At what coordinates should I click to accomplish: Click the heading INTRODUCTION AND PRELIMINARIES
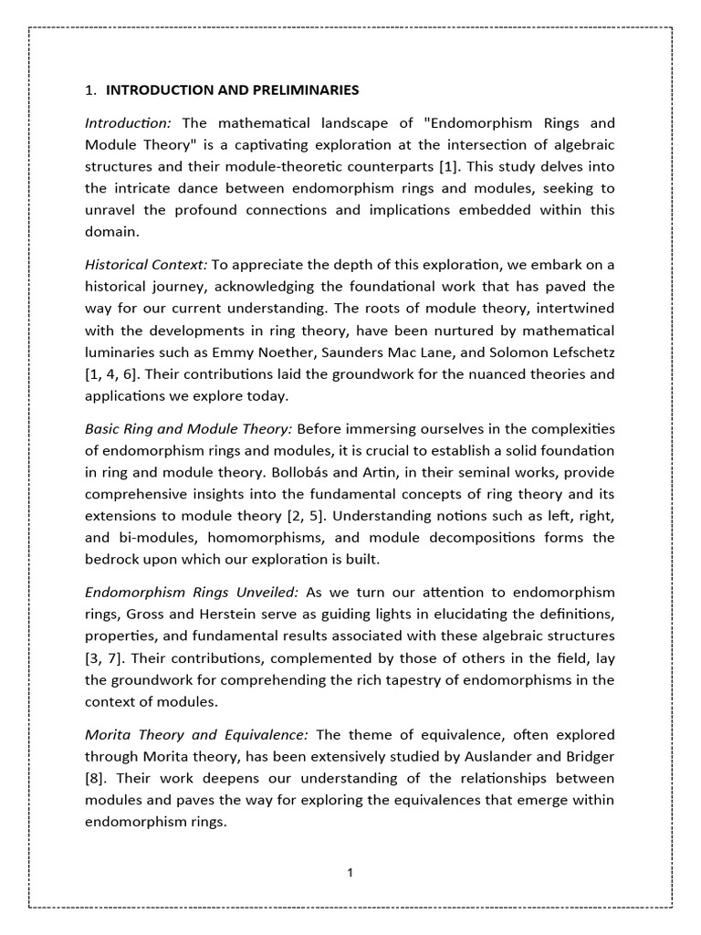pos(233,90)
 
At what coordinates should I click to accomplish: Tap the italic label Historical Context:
pos(146,265)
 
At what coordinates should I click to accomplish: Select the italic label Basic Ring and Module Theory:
pos(189,428)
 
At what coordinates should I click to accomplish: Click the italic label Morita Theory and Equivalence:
pos(197,734)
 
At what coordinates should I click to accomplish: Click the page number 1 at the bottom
pos(350,873)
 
